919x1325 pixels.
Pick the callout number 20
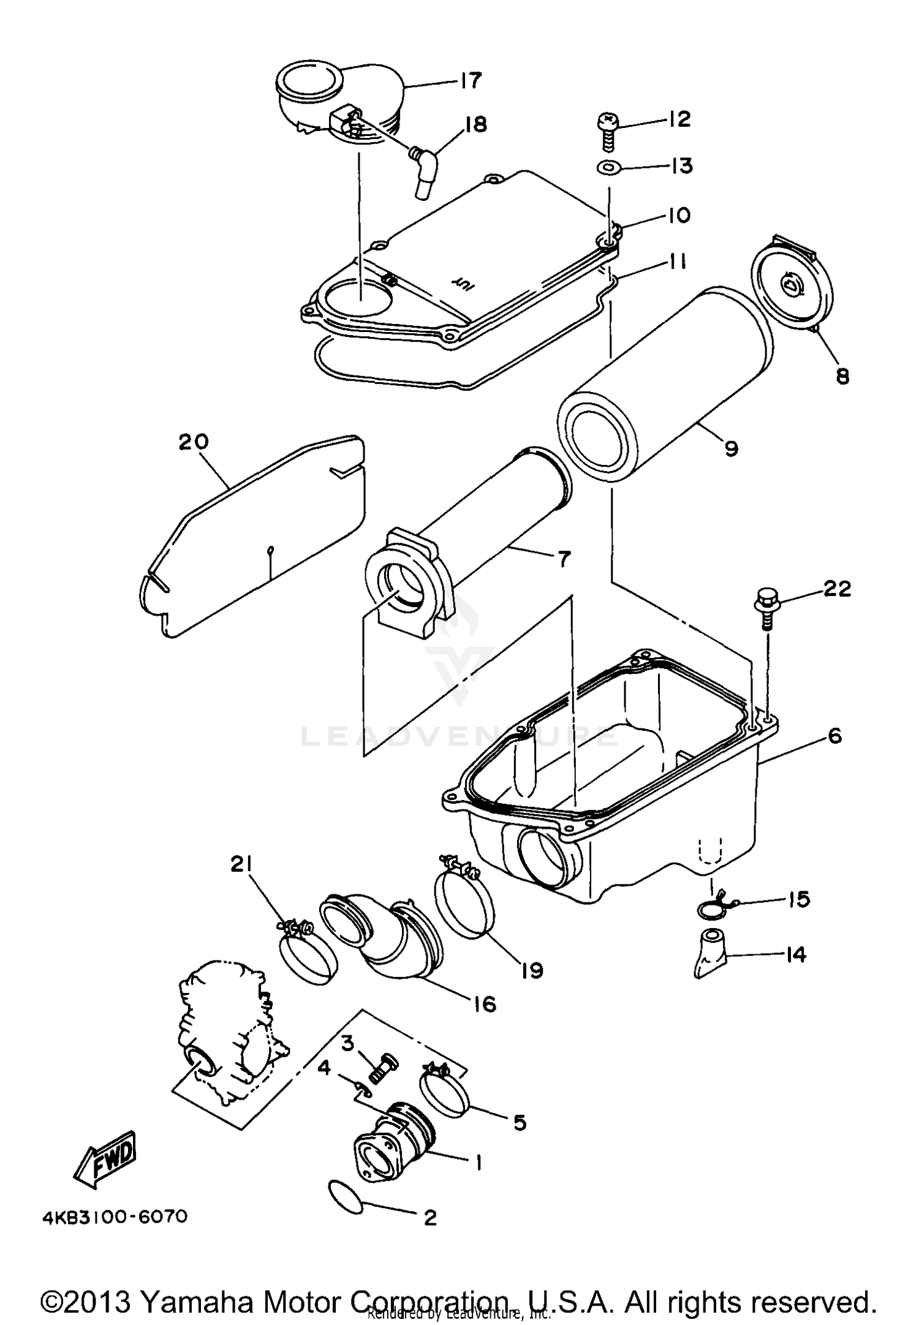(194, 442)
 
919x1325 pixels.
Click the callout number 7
(563, 559)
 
